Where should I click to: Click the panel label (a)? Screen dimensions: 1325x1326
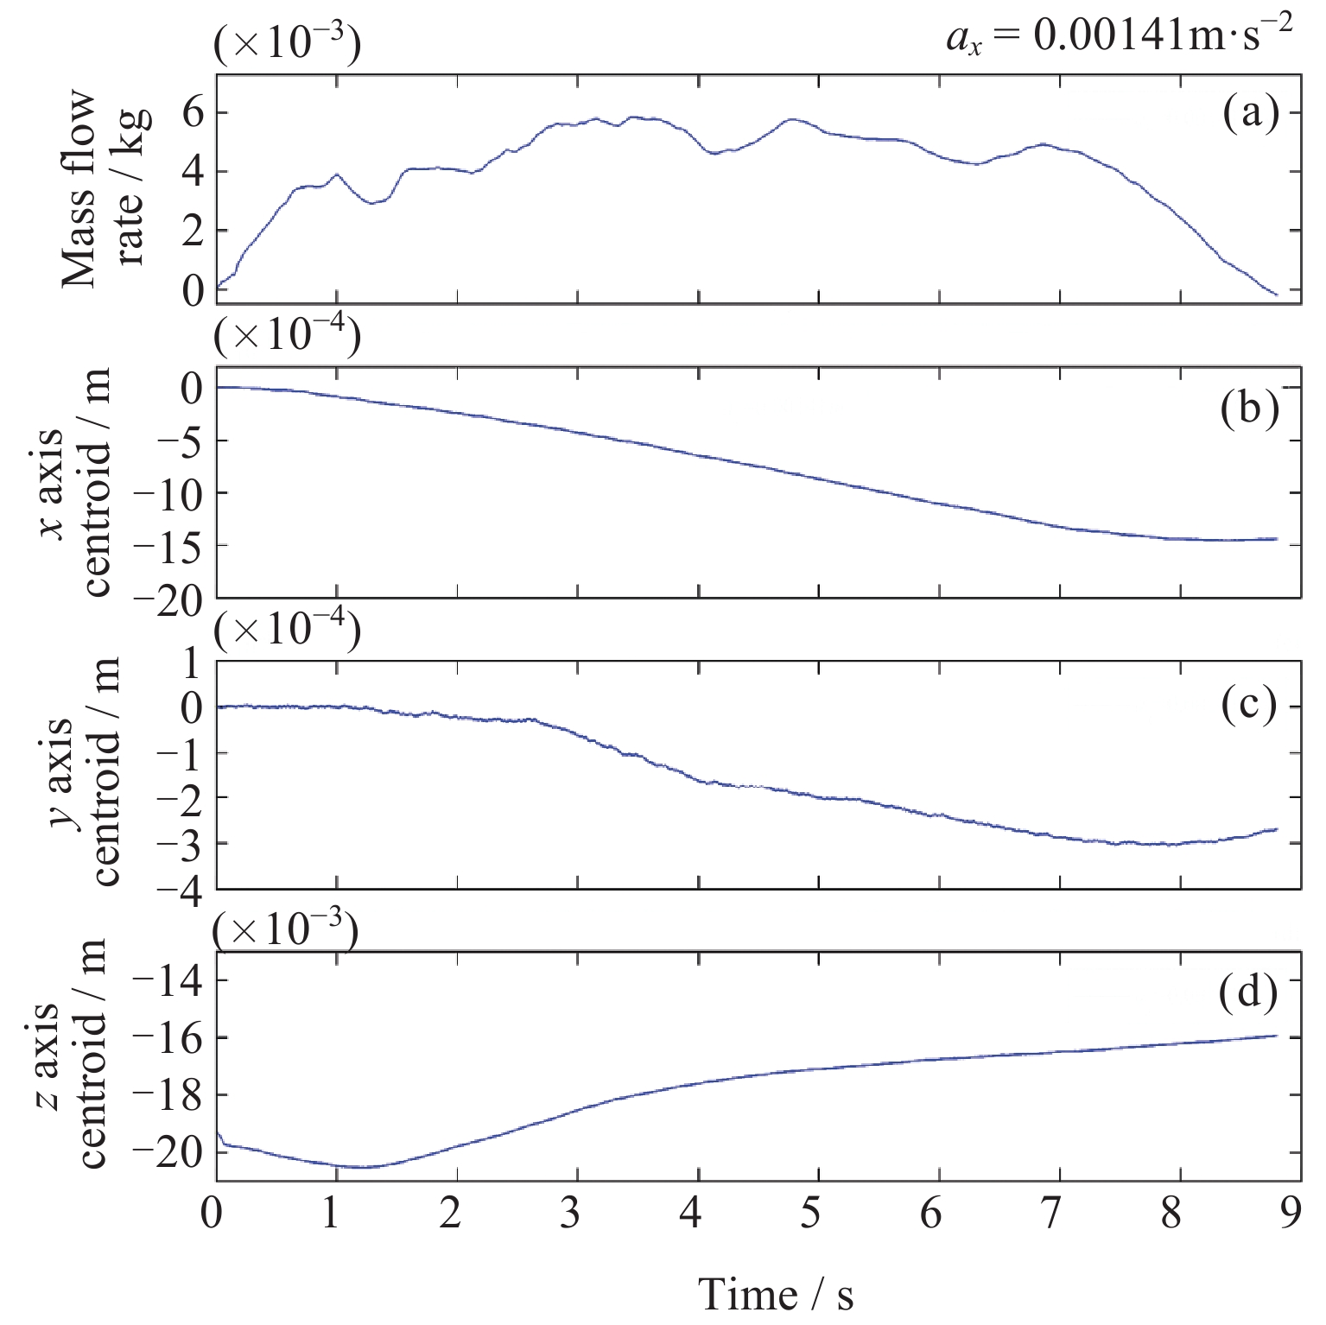(x=1250, y=113)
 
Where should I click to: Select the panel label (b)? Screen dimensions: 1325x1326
(x=1249, y=408)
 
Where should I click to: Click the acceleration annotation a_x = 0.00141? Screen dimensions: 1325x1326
(x=1119, y=38)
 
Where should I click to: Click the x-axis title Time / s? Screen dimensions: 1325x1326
(x=775, y=1294)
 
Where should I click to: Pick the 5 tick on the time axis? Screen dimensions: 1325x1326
(x=810, y=1214)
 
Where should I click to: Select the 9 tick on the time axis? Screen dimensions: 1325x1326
(x=1291, y=1214)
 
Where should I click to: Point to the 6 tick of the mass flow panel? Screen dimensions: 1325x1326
(x=192, y=113)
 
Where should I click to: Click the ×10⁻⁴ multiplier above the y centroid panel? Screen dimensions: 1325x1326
(x=287, y=633)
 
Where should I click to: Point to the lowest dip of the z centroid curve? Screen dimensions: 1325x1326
(x=363, y=1168)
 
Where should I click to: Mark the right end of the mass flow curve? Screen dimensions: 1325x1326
(x=1276, y=295)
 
